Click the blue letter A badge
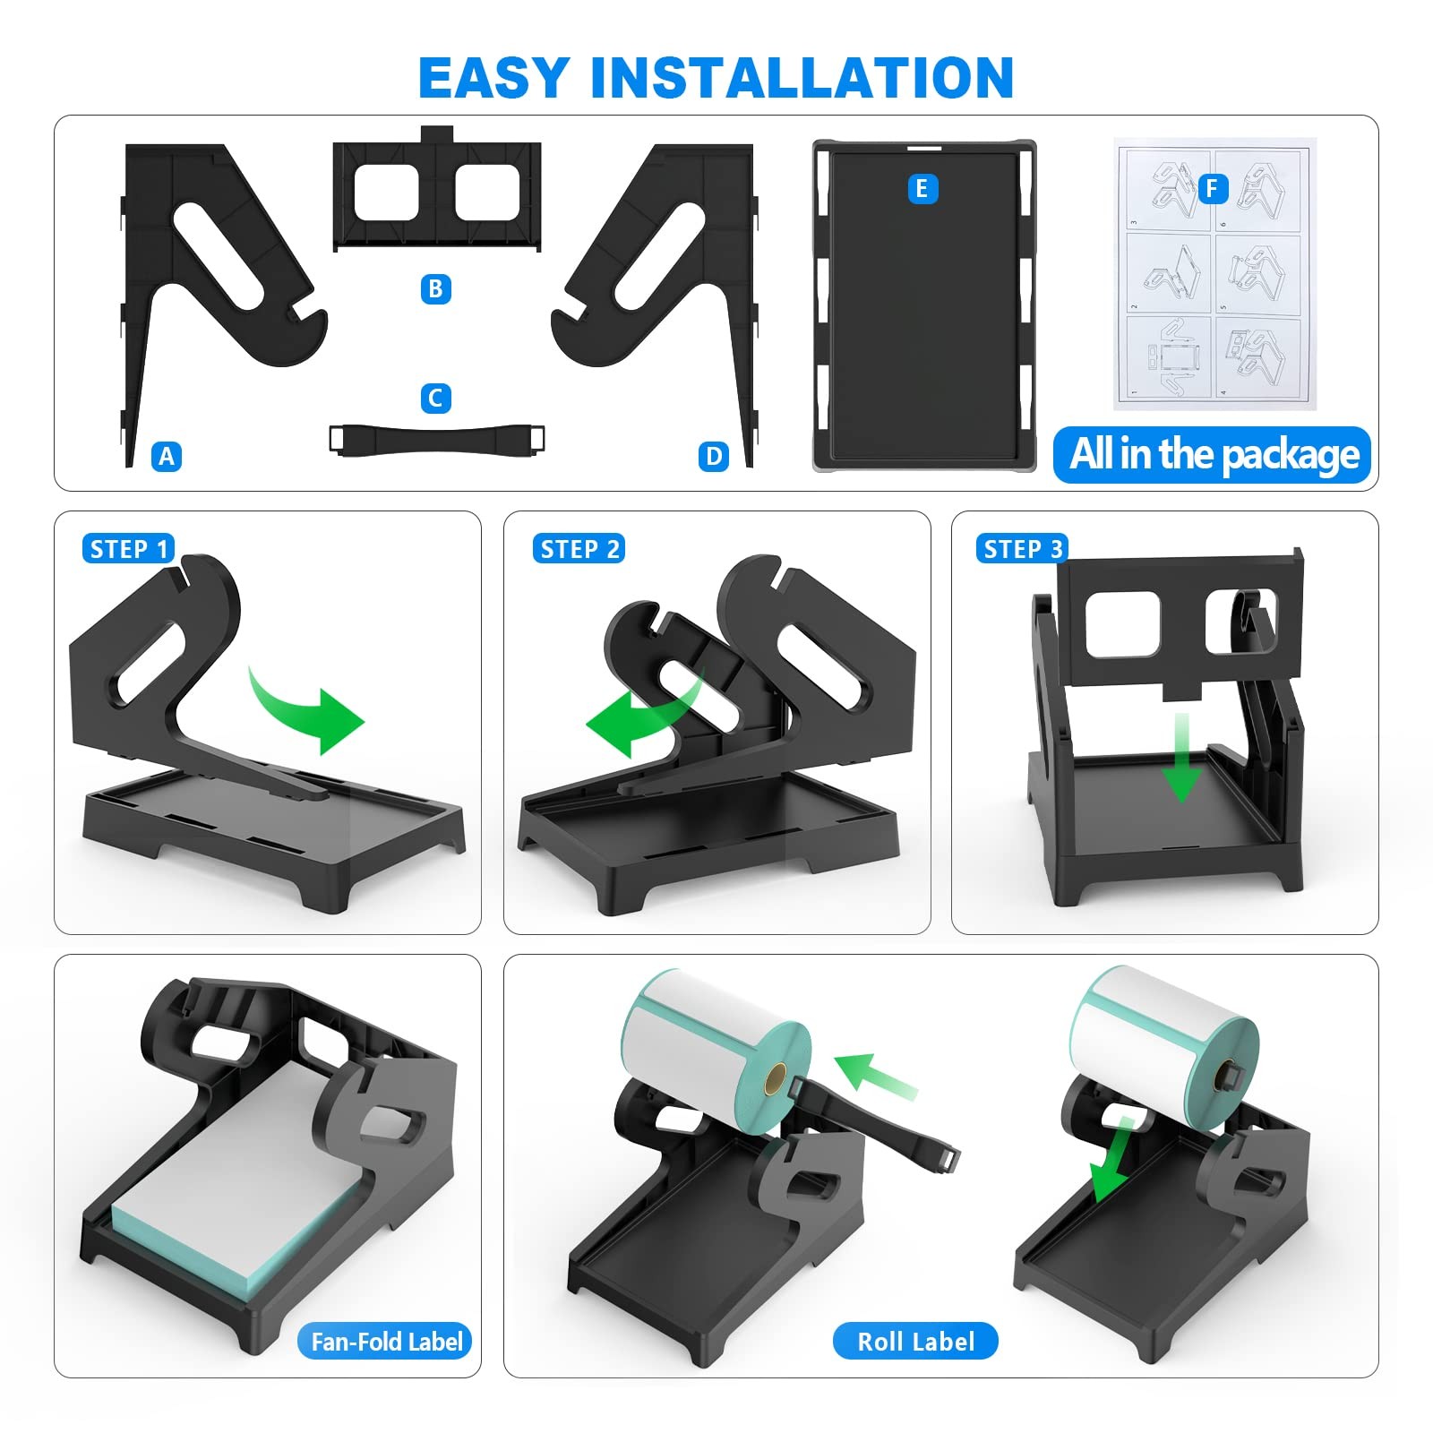167,457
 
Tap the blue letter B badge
435,289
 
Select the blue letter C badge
435,399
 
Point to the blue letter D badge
714,457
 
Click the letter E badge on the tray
922,189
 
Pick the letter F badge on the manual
1213,189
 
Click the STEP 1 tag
129,549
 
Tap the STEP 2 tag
579,549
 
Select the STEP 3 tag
1023,549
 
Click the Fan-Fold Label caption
386,1341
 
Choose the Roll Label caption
915,1341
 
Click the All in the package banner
1213,455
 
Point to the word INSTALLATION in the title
802,78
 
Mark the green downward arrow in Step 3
1183,757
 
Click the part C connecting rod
437,440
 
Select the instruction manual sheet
1215,274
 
